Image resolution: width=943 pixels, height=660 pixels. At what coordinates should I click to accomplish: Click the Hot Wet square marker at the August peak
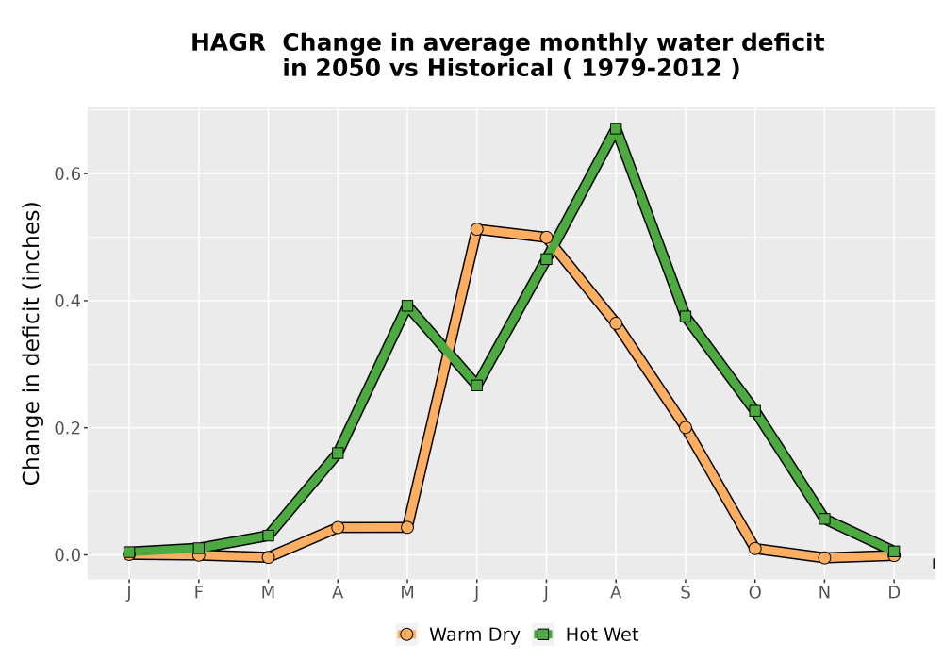pos(615,128)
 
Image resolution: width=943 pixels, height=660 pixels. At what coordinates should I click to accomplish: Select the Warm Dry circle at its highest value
pos(477,229)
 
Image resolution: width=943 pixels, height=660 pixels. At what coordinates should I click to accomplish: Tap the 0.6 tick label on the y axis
pos(67,173)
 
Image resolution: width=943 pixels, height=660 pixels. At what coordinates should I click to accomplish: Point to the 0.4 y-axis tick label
pos(67,301)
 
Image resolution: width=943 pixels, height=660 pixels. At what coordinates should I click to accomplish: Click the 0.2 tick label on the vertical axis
pos(67,428)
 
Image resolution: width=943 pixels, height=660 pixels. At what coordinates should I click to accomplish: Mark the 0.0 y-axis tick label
pos(67,554)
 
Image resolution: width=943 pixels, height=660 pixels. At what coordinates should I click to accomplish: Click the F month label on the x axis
pos(198,593)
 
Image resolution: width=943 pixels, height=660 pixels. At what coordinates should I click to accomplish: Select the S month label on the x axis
pos(685,593)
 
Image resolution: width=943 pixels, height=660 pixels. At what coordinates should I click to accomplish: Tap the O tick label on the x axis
pos(754,593)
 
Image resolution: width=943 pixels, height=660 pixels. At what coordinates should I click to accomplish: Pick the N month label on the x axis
pos(824,593)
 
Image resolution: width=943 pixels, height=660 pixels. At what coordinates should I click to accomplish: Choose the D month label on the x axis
pos(894,593)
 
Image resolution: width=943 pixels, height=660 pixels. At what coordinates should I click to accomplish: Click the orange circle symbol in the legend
pos(406,635)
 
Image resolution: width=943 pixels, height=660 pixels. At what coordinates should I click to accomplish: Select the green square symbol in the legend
pos(543,635)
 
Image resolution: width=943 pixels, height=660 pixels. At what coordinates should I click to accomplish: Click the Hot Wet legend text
pos(602,635)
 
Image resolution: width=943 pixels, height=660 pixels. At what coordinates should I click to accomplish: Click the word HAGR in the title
pos(228,42)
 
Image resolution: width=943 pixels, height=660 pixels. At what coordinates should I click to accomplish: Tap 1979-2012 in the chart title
pos(652,68)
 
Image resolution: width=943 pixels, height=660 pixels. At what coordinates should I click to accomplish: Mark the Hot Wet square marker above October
pos(754,410)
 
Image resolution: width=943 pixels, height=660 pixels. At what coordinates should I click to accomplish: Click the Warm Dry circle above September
pos(685,427)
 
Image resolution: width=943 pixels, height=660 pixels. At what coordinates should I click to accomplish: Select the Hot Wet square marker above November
pos(824,519)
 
